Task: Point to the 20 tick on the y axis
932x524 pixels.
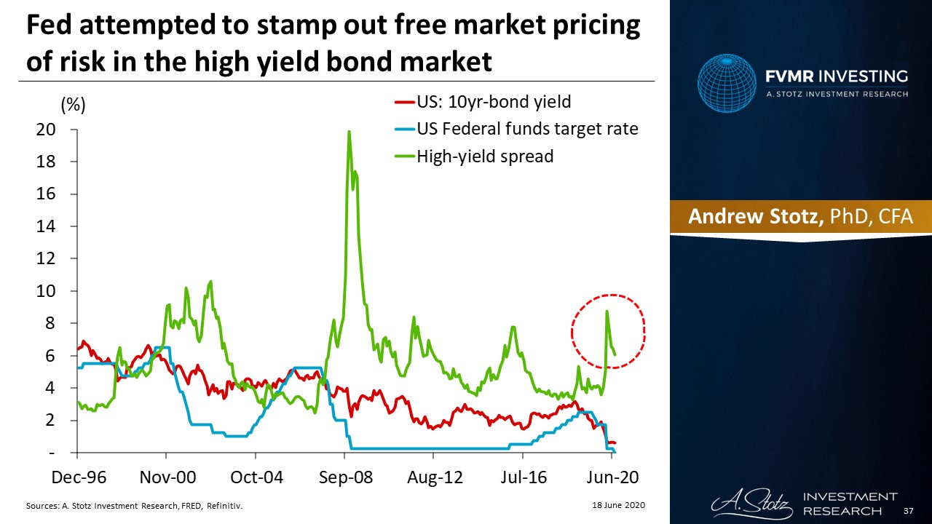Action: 46,130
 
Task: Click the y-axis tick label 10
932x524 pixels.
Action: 46,291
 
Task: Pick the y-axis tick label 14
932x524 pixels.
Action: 46,226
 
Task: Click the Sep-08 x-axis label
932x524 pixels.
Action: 344,477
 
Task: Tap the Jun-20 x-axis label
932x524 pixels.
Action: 613,477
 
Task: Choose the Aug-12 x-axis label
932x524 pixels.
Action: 434,477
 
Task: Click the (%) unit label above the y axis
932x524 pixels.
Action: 73,106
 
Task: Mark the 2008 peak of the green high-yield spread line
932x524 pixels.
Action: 349,132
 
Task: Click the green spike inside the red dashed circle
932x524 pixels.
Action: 607,312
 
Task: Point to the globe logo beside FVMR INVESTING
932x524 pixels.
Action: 729,85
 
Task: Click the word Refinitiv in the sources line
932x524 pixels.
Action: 226,505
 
